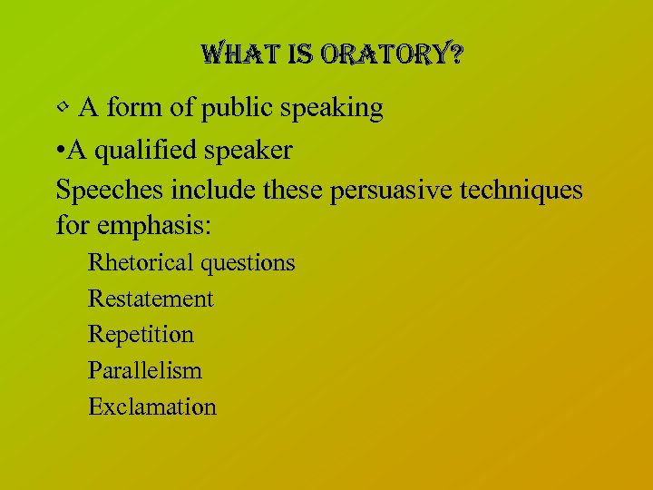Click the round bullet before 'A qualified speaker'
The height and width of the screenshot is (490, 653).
click(61, 151)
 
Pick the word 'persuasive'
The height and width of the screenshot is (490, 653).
click(394, 191)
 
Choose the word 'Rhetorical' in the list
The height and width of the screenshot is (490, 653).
click(141, 263)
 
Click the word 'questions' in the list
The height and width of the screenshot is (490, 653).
click(248, 263)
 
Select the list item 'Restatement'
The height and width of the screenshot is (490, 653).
click(151, 299)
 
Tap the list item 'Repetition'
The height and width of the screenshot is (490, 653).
click(141, 335)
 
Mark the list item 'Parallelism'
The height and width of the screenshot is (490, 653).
click(145, 370)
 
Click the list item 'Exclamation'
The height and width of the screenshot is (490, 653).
click(152, 407)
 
